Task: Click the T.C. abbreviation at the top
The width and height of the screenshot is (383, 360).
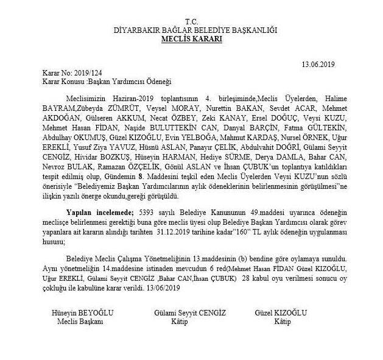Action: [x=192, y=21]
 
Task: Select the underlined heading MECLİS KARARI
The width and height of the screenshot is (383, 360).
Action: [x=192, y=38]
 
